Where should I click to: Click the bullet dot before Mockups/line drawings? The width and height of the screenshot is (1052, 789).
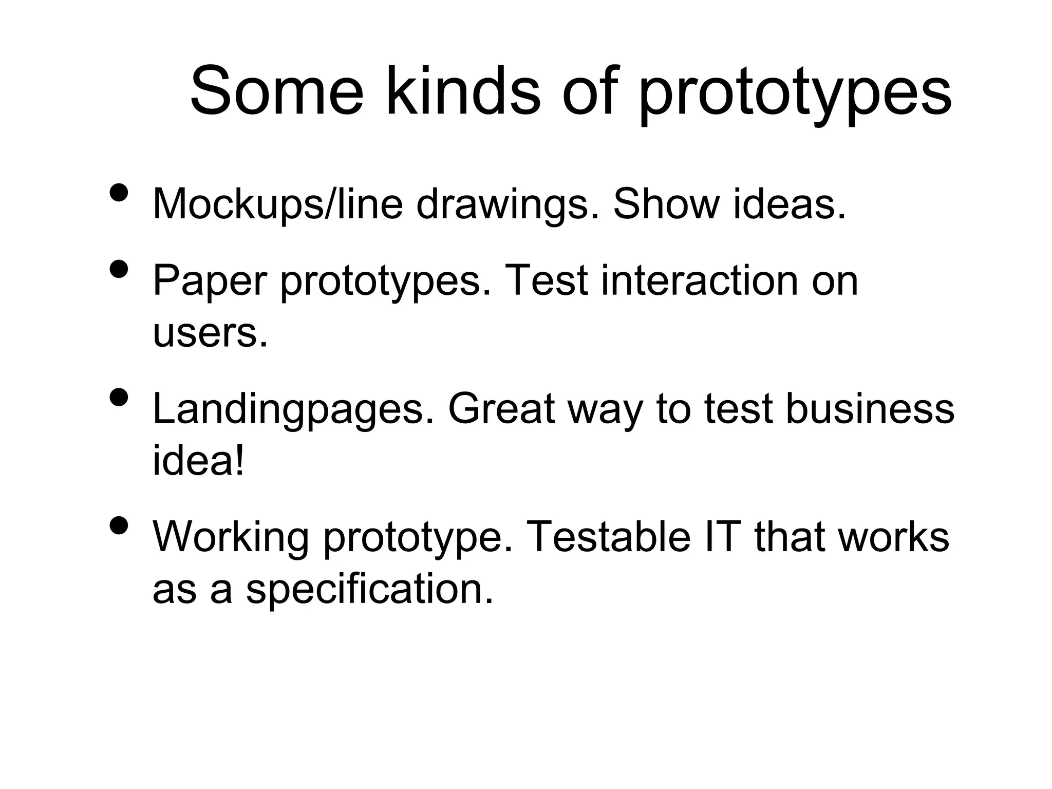pyautogui.click(x=119, y=193)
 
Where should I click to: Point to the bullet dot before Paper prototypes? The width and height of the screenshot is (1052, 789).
pyautogui.click(x=119, y=269)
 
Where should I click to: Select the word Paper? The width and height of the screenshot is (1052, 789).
pyautogui.click(x=210, y=282)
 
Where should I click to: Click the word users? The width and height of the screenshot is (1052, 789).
pyautogui.click(x=210, y=333)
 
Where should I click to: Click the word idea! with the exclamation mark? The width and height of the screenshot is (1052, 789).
pyautogui.click(x=198, y=461)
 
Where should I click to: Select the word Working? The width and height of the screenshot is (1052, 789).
pyautogui.click(x=231, y=538)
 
